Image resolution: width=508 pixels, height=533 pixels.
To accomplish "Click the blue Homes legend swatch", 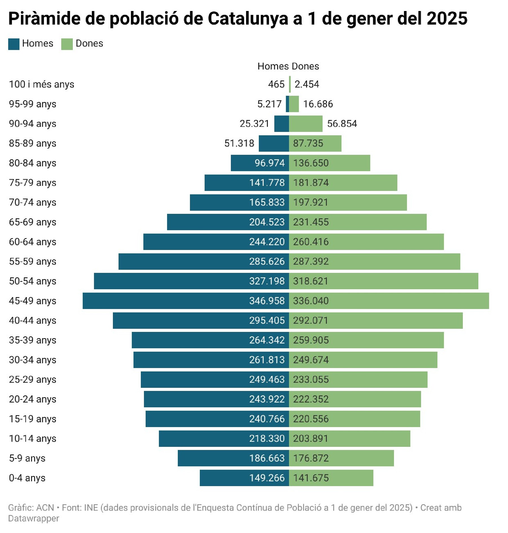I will (x=14, y=44).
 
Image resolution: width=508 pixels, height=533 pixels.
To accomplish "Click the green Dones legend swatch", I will (x=67, y=44).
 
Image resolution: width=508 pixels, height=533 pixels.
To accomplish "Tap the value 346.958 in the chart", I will (x=267, y=301).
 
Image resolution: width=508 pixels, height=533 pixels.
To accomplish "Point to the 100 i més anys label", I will (x=41, y=84).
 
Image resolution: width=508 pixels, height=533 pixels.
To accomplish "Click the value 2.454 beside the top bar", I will (x=307, y=84).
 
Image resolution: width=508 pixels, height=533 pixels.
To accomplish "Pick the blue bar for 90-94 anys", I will (x=281, y=124).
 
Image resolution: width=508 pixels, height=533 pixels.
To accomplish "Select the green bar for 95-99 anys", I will (x=294, y=104).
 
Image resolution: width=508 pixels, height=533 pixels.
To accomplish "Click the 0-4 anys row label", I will (x=27, y=478).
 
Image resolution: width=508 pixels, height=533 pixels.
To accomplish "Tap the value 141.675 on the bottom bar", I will (x=311, y=478).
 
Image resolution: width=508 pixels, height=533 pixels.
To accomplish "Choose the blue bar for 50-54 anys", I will (x=169, y=281).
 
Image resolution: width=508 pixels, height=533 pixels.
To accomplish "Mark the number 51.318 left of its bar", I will (x=239, y=143).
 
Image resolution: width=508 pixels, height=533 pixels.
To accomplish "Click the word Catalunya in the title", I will (x=249, y=19).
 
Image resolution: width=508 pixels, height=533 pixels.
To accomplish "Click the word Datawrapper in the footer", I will (x=34, y=518).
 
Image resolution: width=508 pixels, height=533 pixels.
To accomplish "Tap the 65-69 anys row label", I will (x=32, y=222).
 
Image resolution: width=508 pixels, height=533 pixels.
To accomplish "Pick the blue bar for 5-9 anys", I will (x=212, y=458).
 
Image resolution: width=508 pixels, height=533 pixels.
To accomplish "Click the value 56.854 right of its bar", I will (x=342, y=124).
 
